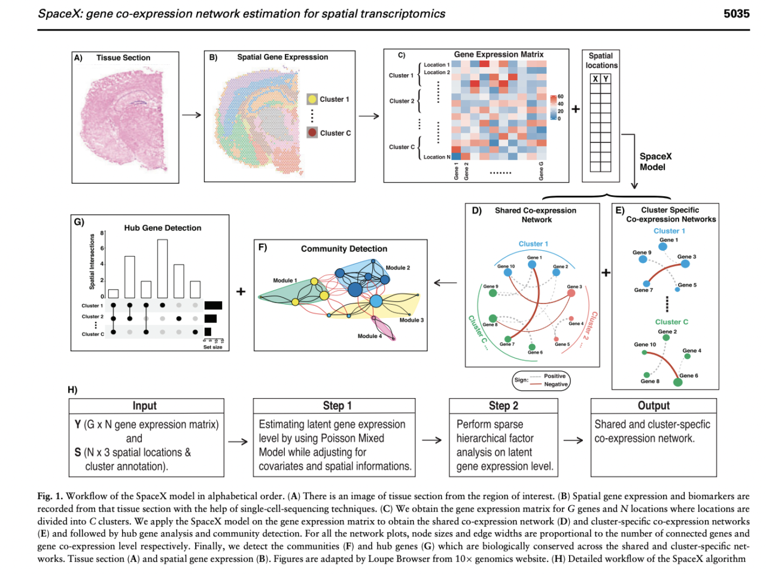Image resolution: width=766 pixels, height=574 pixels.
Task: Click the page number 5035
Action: (736, 13)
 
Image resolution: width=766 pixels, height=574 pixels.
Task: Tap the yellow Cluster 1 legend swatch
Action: (312, 99)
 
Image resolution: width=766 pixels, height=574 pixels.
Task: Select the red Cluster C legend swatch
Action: (312, 133)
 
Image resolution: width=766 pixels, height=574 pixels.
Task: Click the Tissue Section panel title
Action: (123, 57)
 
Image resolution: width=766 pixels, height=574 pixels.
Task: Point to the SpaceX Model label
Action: (655, 162)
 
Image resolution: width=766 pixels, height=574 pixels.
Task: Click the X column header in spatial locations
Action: (595, 79)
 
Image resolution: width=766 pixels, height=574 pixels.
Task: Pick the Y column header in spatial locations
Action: (606, 79)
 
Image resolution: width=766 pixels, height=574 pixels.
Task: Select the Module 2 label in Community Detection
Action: (397, 268)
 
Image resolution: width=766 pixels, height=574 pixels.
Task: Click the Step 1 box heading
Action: (333, 406)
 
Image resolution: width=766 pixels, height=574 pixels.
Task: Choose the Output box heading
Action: (653, 406)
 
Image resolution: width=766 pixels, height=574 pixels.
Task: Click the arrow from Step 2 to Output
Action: (573, 441)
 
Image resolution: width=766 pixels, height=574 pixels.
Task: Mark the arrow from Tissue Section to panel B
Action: (191, 115)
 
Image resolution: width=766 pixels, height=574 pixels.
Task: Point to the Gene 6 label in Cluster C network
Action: (688, 375)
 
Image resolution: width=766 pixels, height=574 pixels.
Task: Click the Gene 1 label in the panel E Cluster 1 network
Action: (668, 240)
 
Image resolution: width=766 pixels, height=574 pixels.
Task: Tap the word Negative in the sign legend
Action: (555, 384)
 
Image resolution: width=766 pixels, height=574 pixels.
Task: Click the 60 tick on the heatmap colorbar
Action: (560, 96)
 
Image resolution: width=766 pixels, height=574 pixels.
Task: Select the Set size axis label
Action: (212, 347)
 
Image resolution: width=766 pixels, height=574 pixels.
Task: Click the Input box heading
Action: (144, 406)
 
